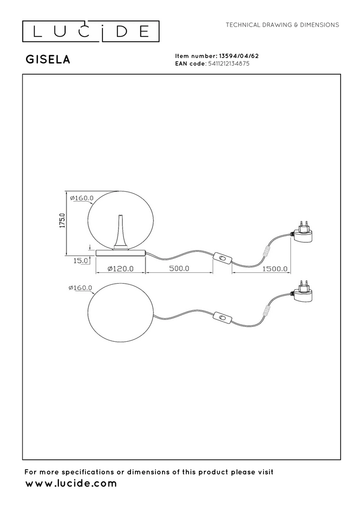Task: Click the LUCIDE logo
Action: click(x=90, y=31)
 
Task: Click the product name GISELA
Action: click(x=48, y=59)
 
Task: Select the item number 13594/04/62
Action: click(x=239, y=56)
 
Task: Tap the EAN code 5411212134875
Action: click(x=228, y=64)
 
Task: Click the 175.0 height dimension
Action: click(x=62, y=221)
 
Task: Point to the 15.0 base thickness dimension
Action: click(x=80, y=261)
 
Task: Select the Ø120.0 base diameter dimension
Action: click(x=120, y=269)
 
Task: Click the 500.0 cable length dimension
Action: click(x=178, y=269)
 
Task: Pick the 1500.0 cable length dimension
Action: click(x=275, y=269)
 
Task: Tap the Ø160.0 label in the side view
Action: click(x=82, y=198)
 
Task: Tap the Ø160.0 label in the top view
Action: click(x=80, y=287)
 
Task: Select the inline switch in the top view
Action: click(x=222, y=317)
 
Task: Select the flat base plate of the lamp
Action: click(x=120, y=253)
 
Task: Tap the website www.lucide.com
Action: click(x=71, y=483)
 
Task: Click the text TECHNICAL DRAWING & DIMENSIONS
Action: click(x=282, y=25)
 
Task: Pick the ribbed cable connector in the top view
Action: click(x=267, y=310)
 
